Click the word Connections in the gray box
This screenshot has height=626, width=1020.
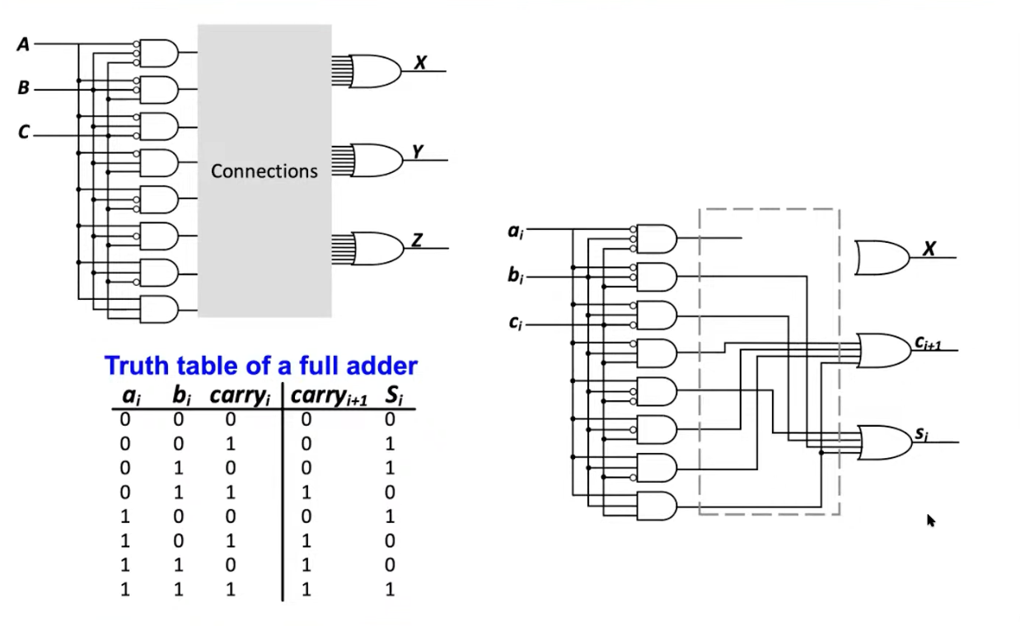coord(264,171)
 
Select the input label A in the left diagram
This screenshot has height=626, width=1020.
coord(23,44)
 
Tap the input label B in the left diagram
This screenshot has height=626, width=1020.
coord(23,88)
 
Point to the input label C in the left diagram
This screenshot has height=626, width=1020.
coord(23,132)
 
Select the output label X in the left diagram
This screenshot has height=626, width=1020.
coord(420,62)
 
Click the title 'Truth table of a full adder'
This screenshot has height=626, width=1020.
coord(260,365)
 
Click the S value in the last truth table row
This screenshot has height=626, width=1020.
coord(389,589)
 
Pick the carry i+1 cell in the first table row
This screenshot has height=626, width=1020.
coord(306,419)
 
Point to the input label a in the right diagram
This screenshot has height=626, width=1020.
coord(515,231)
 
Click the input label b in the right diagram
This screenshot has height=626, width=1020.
coord(515,276)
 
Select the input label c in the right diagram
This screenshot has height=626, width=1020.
coord(515,323)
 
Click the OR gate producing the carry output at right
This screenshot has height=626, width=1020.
coord(882,350)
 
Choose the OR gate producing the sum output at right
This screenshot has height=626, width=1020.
coord(882,442)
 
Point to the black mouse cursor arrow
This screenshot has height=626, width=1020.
coord(931,520)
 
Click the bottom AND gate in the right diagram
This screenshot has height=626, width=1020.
coord(657,505)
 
